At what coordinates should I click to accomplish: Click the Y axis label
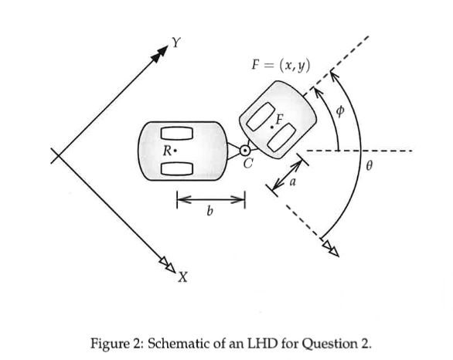click(177, 43)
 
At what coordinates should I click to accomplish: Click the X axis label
click(182, 277)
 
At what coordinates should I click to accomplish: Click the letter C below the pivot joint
click(247, 163)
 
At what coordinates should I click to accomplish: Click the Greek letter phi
click(338, 110)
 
